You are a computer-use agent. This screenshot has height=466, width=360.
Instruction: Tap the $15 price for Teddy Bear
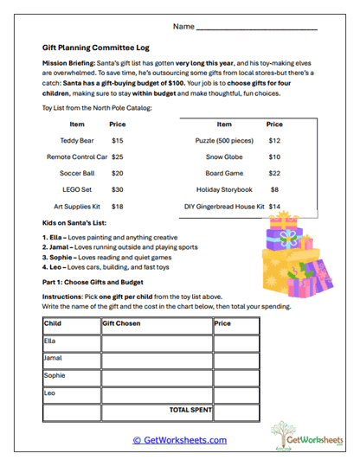118,140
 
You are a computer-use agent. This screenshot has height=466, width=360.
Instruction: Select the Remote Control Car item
77,156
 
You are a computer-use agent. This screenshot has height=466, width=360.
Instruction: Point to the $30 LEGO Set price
118,189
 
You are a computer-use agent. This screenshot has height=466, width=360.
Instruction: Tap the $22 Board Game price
274,173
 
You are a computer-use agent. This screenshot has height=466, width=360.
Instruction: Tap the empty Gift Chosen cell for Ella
156,342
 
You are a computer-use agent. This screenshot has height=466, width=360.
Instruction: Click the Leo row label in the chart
49,393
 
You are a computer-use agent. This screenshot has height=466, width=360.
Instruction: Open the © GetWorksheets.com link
179,440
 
